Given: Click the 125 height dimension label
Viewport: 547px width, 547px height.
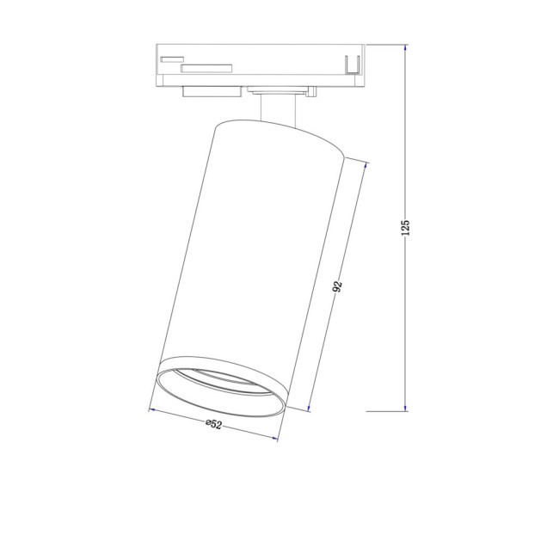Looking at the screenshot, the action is pos(405,227).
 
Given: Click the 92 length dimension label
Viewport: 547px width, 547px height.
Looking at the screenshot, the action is pos(338,286).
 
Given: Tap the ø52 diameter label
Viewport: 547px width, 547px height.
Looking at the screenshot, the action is pos(213,424).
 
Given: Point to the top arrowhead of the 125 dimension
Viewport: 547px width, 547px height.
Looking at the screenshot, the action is pos(405,48).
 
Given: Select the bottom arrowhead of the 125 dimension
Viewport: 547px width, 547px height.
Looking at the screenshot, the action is pos(405,408).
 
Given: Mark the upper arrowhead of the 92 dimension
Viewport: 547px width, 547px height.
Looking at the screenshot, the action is pos(366,166).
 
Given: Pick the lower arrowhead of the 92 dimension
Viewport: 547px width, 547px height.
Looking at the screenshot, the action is pos(309,408).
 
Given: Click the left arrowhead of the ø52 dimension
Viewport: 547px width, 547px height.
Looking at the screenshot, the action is pos(152,410).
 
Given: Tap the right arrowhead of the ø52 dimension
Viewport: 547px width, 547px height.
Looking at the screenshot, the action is pos(274,438).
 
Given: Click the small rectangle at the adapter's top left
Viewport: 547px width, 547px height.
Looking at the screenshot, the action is pos(172,59).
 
